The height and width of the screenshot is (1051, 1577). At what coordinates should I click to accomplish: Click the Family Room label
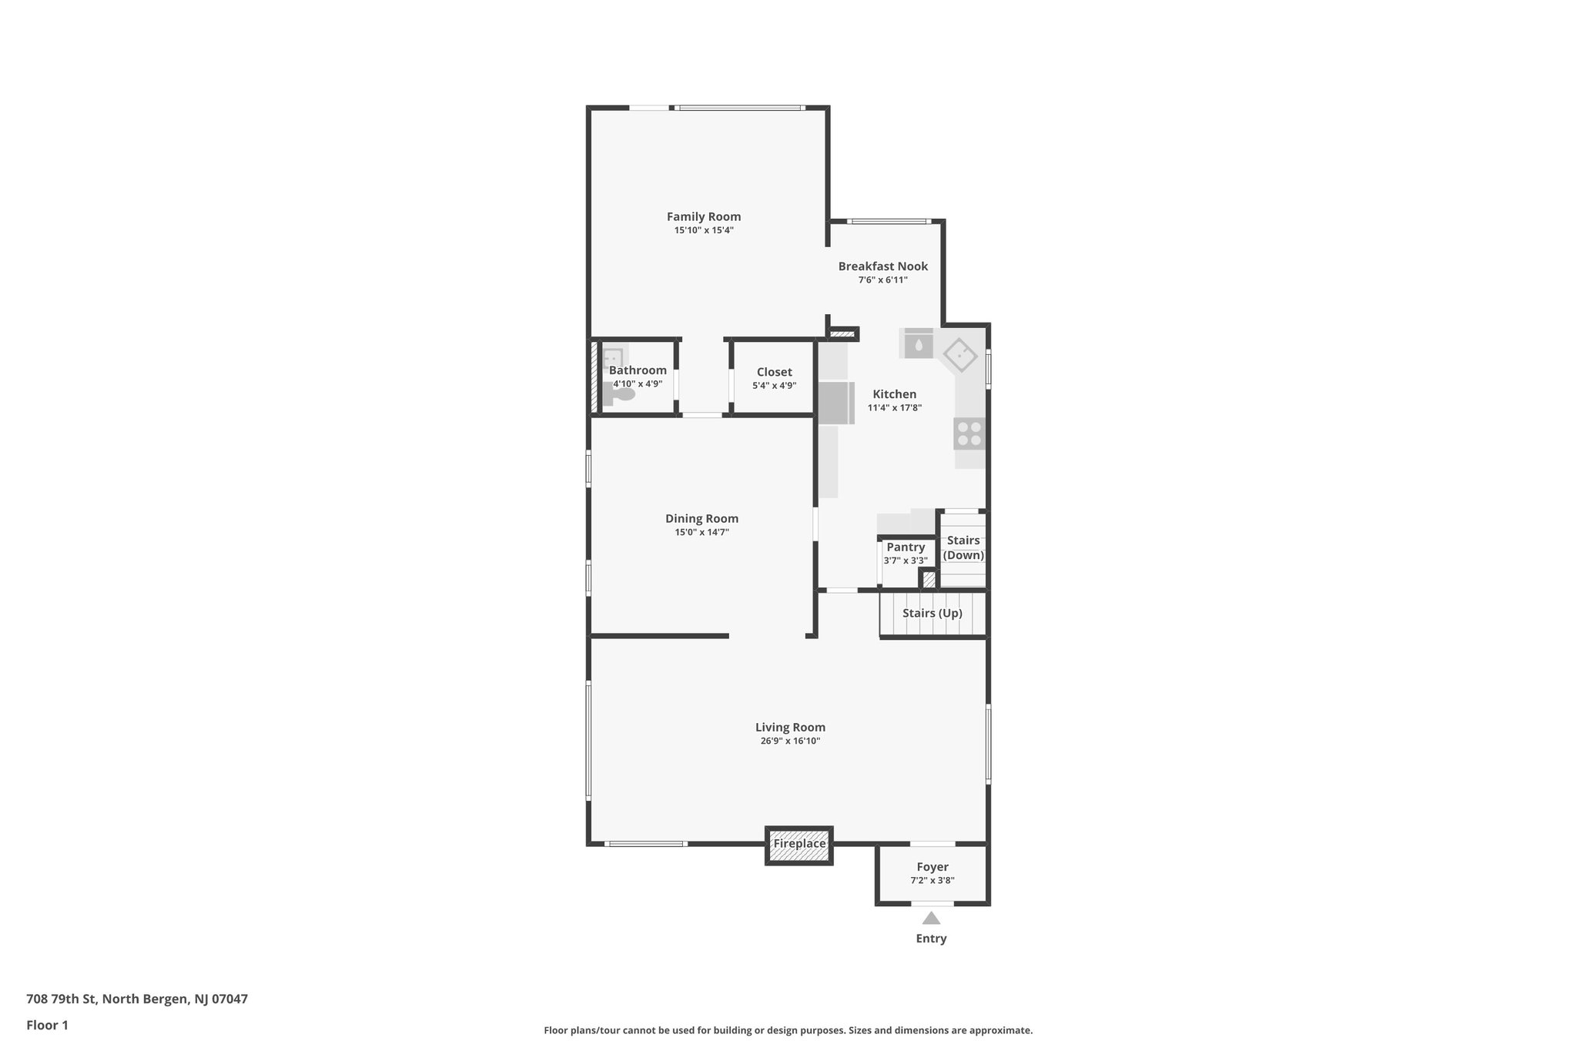pos(703,217)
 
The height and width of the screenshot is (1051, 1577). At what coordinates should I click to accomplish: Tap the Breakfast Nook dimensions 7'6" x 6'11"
pos(882,280)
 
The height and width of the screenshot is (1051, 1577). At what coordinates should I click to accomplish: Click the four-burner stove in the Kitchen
pos(969,433)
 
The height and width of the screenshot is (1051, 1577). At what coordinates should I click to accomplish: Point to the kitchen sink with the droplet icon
pos(919,344)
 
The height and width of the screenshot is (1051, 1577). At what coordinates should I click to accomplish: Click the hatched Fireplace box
pos(799,845)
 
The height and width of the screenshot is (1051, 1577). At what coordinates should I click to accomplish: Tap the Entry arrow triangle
pos(931,918)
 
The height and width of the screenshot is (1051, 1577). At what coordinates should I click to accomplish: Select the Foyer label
pos(932,867)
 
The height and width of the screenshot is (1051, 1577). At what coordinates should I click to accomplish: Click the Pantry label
pos(906,547)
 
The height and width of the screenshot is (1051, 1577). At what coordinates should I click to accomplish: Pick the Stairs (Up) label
pos(932,614)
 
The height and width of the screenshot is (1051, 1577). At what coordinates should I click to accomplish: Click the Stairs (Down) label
pos(963,547)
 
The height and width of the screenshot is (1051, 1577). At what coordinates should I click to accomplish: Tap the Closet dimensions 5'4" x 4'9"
pos(774,386)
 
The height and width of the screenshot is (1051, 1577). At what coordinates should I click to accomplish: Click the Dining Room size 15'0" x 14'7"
pos(701,532)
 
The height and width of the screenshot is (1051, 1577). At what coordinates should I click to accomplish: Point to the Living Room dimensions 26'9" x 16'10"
pos(790,741)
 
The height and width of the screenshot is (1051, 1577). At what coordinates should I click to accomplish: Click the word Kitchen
pos(894,394)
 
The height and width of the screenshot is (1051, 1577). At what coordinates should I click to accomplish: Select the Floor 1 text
pos(47,1025)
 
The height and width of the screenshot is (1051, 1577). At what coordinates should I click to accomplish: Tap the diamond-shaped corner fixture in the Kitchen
pos(960,356)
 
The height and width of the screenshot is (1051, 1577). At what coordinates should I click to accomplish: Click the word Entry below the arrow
pos(931,939)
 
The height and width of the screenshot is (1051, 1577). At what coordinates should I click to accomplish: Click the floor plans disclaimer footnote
pos(788,1030)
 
